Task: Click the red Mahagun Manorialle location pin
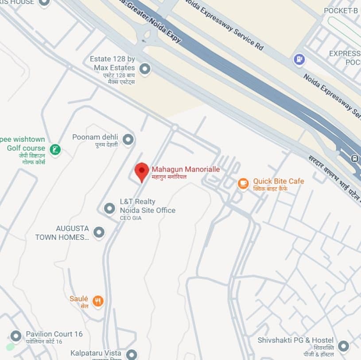(142, 171)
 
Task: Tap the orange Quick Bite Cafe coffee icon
(243, 183)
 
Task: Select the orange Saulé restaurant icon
(98, 301)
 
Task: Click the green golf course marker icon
(55, 150)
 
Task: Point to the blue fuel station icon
(299, 59)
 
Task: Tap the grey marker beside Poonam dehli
(128, 140)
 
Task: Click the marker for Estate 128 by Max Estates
(144, 69)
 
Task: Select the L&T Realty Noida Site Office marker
(109, 208)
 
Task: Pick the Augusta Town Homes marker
(99, 232)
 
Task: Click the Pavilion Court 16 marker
(16, 336)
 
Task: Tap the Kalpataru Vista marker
(132, 354)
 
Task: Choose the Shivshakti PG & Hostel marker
(343, 346)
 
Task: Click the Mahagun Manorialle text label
(186, 169)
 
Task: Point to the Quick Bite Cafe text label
(278, 181)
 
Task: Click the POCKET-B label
(340, 10)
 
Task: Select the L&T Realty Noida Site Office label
(148, 206)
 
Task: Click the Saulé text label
(79, 299)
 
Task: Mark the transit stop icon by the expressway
(354, 158)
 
